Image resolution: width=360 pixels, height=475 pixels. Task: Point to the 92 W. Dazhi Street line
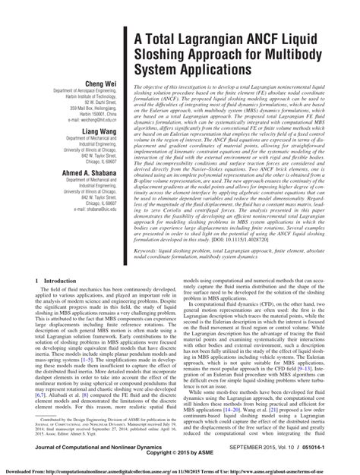(x=86, y=127)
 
